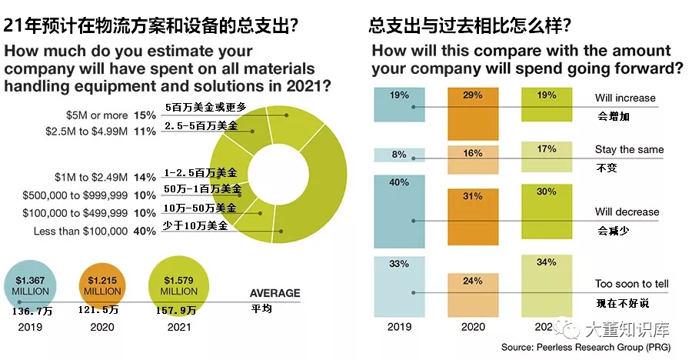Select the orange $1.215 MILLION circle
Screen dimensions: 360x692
(102, 285)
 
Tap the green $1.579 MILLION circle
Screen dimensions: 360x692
(179, 285)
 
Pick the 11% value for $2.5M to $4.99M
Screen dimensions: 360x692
(145, 131)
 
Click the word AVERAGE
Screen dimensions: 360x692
(274, 293)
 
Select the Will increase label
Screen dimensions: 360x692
(625, 98)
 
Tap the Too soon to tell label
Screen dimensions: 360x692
(632, 284)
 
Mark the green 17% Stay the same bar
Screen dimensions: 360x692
(547, 157)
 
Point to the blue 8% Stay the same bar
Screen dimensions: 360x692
(398, 155)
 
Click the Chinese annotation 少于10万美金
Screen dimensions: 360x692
(196, 225)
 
